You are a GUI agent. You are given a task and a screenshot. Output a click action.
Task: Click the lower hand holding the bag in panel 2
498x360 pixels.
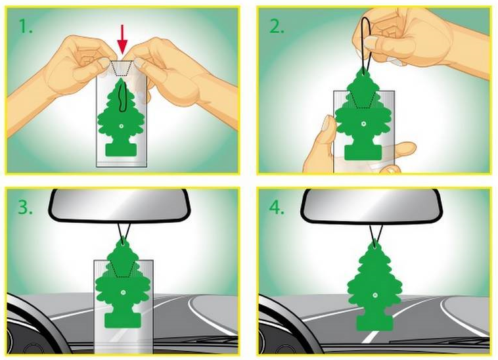click(322, 141)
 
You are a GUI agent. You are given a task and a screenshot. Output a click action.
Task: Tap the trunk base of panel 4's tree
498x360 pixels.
click(369, 324)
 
